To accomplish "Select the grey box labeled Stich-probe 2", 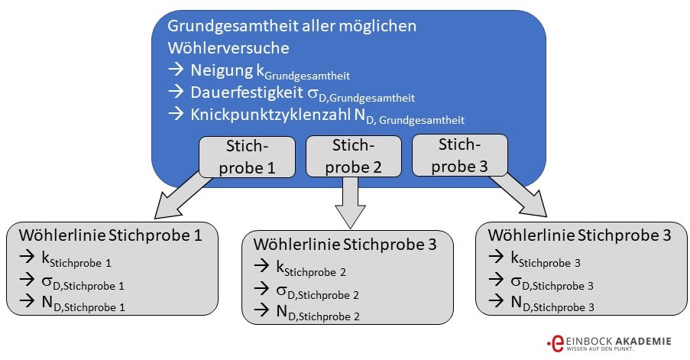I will pos(354,156).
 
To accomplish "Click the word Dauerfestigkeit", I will pos(246,95).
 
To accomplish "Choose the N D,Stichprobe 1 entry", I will pos(83,305).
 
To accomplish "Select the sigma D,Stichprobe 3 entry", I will pos(546,283).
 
